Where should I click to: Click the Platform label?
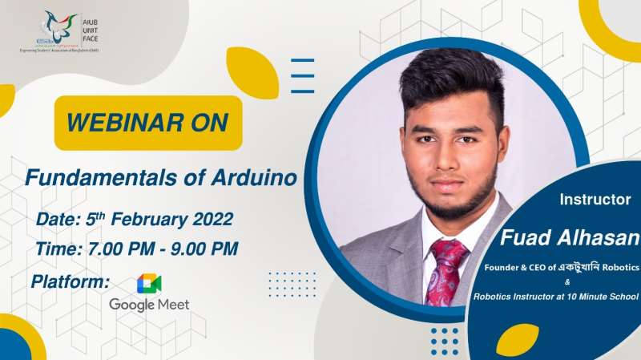70,281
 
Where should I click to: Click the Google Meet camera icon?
149,284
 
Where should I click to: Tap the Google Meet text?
149,305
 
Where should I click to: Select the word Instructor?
595,199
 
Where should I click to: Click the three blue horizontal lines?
302,76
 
